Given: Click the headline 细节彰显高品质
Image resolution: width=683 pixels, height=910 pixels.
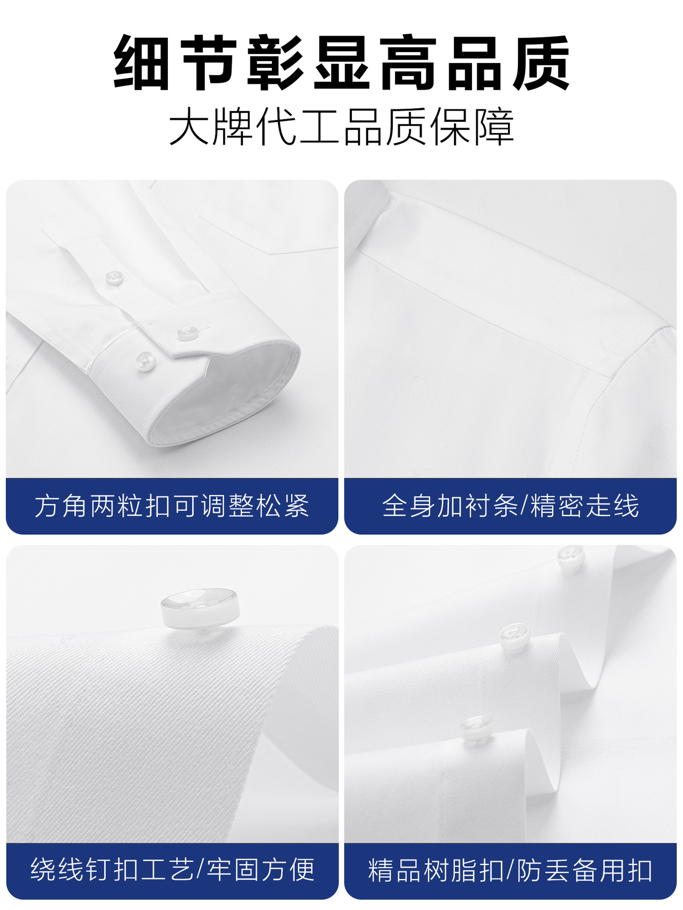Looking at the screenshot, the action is [341, 63].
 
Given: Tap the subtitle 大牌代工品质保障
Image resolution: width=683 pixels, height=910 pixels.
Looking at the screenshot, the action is [341, 127].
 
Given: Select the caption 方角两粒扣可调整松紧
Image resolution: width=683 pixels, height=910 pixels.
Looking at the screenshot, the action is [172, 506].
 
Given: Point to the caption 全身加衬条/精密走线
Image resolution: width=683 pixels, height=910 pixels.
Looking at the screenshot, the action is [510, 506].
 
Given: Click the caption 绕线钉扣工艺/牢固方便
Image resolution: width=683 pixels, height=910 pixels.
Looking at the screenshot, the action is [173, 869].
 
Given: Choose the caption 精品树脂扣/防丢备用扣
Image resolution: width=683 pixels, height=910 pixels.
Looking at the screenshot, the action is [510, 869].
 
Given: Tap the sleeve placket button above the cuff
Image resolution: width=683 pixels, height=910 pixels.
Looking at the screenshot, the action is [114, 277].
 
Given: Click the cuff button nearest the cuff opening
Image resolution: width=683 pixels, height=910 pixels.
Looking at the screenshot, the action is [188, 333].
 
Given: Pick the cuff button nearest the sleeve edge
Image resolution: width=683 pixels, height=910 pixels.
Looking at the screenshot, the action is [146, 361].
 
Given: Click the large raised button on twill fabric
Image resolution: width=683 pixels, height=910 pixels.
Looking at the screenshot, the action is [199, 608].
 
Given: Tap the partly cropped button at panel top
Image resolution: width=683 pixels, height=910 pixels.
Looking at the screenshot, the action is [571, 556].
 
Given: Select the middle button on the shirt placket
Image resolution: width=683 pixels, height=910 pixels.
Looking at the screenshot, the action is [514, 635].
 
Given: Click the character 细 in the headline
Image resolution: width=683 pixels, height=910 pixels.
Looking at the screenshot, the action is [142, 63].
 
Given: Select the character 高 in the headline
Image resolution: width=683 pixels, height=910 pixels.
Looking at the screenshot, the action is [408, 63].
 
